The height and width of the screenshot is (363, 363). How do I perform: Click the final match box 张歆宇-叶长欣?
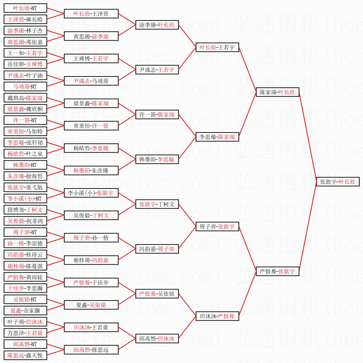pyautogui.click(x=337, y=182)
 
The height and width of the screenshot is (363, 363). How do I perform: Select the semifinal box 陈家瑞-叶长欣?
pyautogui.click(x=278, y=92)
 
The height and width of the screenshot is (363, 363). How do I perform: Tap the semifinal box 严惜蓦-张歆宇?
pyautogui.click(x=278, y=271)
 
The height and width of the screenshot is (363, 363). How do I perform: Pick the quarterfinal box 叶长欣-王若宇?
pyautogui.click(x=217, y=47)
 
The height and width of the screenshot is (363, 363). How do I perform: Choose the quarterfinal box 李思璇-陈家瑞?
pyautogui.click(x=217, y=137)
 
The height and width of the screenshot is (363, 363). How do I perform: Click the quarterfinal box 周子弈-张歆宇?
pyautogui.click(x=217, y=226)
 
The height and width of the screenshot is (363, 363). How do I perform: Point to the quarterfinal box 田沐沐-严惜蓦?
pyautogui.click(x=217, y=316)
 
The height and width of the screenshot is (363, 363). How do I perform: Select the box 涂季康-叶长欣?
pyautogui.click(x=157, y=25)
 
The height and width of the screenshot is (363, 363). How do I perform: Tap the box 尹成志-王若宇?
pyautogui.click(x=157, y=70)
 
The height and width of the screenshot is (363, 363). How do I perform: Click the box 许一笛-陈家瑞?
pyautogui.click(x=157, y=114)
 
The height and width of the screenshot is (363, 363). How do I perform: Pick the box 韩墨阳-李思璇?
pyautogui.click(x=157, y=159)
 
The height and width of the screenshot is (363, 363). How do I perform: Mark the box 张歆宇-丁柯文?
pyautogui.click(x=157, y=204)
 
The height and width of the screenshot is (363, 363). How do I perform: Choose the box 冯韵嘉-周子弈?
pyautogui.click(x=157, y=249)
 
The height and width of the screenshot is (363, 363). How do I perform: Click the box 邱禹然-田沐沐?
pyautogui.click(x=157, y=338)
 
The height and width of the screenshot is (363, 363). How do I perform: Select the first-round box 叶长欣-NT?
pyautogui.click(x=25, y=8)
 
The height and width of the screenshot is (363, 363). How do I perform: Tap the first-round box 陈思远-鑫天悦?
pyautogui.click(x=25, y=355)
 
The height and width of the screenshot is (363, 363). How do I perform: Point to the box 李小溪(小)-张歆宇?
pyautogui.click(x=91, y=193)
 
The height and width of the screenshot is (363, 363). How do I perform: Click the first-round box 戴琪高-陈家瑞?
pyautogui.click(x=25, y=98)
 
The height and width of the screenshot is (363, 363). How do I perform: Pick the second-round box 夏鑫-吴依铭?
pyautogui.click(x=91, y=305)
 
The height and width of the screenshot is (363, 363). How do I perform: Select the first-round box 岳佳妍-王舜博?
pyautogui.click(x=25, y=64)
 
